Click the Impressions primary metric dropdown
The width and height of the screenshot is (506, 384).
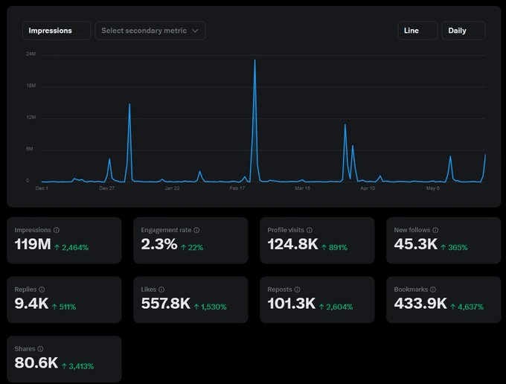point(57,31)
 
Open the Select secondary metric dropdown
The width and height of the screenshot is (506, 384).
point(150,31)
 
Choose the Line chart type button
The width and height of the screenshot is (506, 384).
point(417,31)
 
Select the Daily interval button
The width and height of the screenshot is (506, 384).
point(463,31)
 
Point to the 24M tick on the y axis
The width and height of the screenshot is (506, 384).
point(31,54)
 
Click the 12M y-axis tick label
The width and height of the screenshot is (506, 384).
point(31,118)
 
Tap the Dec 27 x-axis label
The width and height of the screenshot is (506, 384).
point(106,189)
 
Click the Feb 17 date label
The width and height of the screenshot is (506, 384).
point(237,189)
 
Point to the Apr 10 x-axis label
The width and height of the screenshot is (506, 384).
point(368,189)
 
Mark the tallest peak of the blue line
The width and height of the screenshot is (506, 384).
point(254,60)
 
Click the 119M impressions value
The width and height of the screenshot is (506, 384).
point(32,244)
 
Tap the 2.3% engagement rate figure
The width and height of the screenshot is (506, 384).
point(158,244)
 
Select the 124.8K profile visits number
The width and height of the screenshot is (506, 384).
point(292,244)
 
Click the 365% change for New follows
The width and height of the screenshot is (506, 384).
point(454,247)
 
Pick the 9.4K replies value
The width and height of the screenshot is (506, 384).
point(31,304)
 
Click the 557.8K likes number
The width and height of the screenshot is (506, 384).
point(165,304)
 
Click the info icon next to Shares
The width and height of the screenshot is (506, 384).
point(40,349)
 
